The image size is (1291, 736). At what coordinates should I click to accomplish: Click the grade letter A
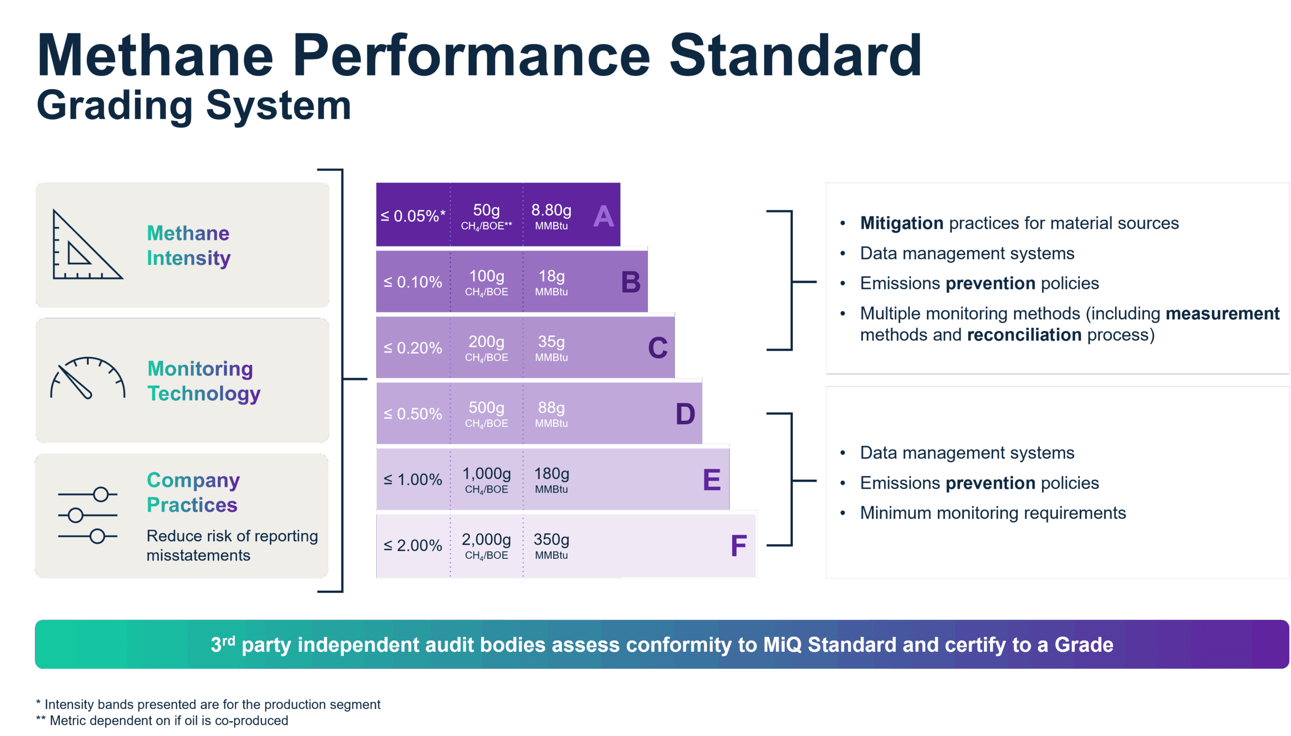603,217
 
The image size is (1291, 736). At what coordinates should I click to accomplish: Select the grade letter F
738,546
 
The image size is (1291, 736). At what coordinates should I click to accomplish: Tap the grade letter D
685,414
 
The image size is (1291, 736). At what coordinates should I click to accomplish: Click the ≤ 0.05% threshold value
413,216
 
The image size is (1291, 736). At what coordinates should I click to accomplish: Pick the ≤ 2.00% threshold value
413,545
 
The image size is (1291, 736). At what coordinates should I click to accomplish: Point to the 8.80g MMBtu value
551,216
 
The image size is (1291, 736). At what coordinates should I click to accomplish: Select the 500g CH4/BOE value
486,414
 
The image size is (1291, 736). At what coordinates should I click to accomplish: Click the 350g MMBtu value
551,545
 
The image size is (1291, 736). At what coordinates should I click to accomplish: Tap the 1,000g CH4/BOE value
486,480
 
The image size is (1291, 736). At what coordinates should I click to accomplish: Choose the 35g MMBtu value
551,348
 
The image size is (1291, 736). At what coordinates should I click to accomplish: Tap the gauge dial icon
87,379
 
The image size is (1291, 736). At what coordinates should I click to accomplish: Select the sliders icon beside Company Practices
87,515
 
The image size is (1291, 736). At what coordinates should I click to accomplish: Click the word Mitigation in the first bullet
901,223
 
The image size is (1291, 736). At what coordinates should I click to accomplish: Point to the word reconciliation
1024,335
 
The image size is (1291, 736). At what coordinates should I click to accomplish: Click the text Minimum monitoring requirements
992,513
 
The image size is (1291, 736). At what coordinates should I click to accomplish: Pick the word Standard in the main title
795,55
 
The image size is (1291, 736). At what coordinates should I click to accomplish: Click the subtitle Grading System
194,106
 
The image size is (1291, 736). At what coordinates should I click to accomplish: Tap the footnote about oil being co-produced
162,720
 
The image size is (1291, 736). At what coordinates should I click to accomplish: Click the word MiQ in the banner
782,645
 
